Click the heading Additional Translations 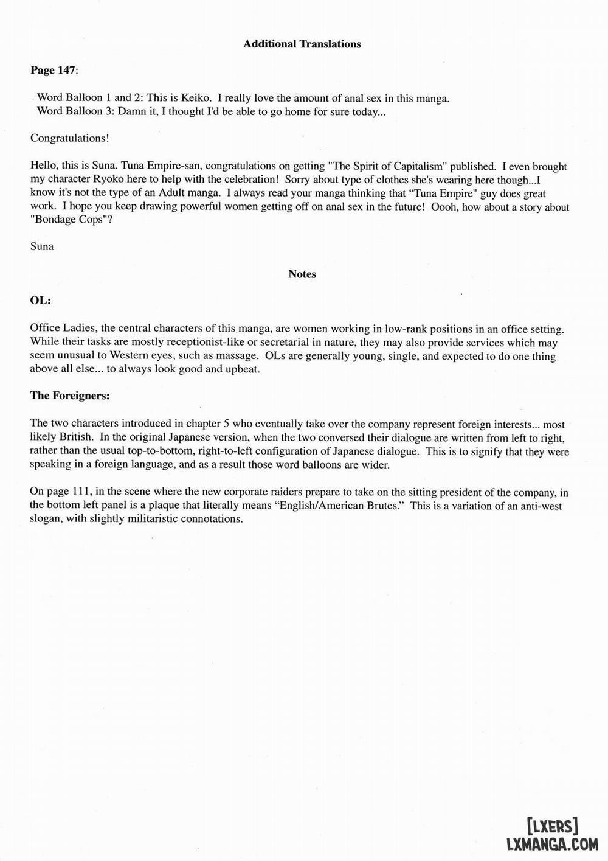302,44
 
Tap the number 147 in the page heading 66,71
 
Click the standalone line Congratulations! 70,138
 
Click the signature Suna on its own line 42,246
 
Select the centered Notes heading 302,274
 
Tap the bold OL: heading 41,301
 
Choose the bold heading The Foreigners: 70,396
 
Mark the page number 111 75,492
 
